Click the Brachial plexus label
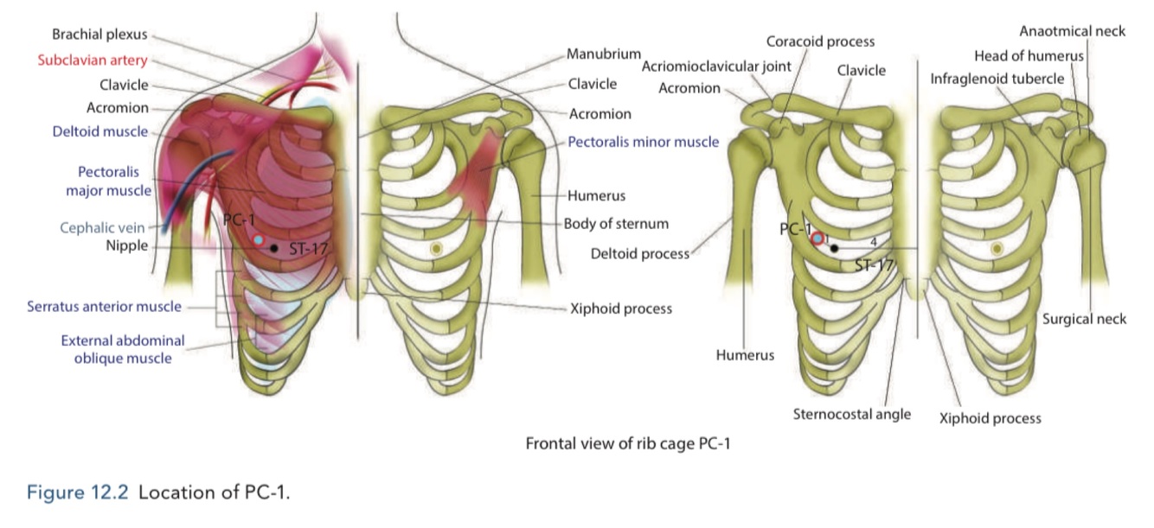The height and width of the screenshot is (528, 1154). tap(99, 35)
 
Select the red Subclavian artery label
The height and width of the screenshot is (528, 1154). tap(93, 60)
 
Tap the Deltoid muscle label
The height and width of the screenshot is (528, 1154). tap(99, 131)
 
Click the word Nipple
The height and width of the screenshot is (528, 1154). tap(127, 246)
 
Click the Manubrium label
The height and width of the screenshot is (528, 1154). tap(603, 54)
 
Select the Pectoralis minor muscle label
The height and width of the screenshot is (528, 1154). tap(643, 141)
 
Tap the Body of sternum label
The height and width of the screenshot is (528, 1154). tap(616, 224)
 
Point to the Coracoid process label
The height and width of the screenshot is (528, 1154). tap(820, 41)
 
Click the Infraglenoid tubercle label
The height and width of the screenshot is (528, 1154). tap(997, 79)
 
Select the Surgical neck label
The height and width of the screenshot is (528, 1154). tap(1084, 319)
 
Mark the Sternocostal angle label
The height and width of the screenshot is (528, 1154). tap(851, 414)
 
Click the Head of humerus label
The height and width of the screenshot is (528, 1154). tap(1029, 56)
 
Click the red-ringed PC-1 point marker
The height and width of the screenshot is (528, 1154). tap(817, 237)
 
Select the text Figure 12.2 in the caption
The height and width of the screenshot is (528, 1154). tap(78, 493)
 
